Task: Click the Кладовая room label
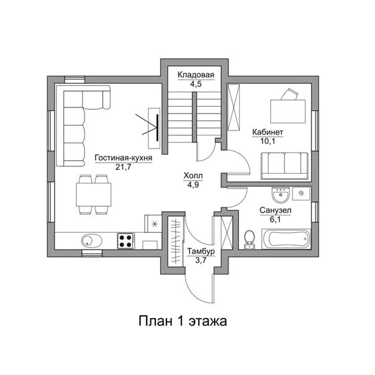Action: [x=196, y=75]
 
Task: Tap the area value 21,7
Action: [x=124, y=166]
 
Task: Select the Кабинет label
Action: [x=268, y=132]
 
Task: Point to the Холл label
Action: [x=193, y=176]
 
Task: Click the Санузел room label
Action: [x=275, y=210]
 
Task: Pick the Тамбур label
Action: [x=201, y=251]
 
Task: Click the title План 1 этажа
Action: [x=183, y=321]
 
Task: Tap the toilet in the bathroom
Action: [x=250, y=240]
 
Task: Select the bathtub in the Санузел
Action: [x=286, y=239]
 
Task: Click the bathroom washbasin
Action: [x=281, y=194]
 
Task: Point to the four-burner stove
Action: [x=126, y=241]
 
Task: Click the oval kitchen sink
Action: [x=91, y=241]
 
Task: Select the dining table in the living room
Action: [x=94, y=195]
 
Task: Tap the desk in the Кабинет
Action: [x=287, y=112]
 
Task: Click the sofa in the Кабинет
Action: [x=284, y=166]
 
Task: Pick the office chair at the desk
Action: [x=289, y=94]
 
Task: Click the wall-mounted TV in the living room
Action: [x=157, y=127]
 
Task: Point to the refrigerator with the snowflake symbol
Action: [x=153, y=224]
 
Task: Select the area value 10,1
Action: [x=268, y=141]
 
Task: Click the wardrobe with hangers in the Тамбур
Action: [x=176, y=241]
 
